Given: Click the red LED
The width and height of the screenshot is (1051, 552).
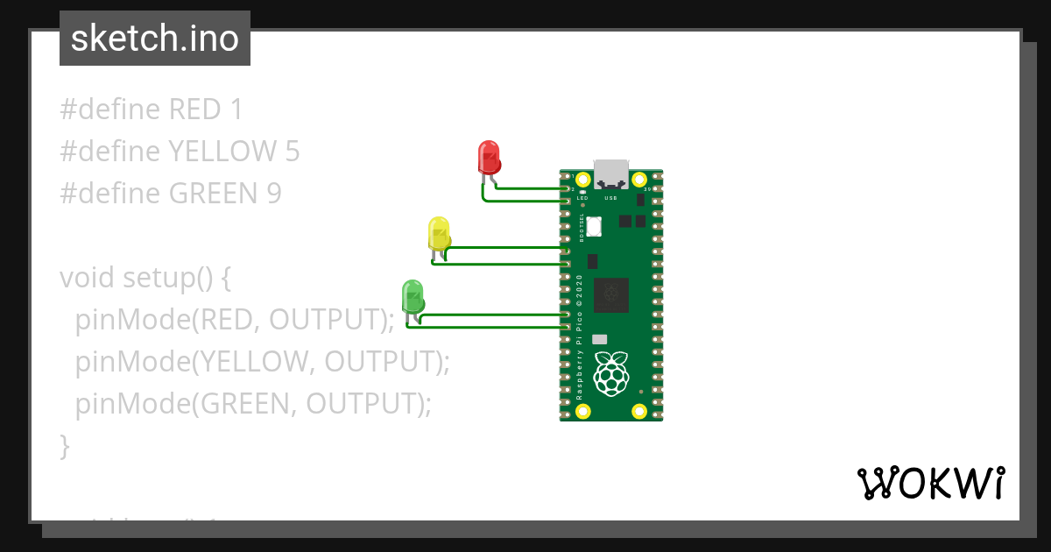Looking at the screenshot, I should (x=488, y=158).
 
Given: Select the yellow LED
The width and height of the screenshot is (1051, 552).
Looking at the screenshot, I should (x=439, y=233).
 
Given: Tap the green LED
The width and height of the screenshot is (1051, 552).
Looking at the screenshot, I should (x=413, y=296).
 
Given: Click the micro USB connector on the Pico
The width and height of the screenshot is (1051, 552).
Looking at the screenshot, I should (x=610, y=173).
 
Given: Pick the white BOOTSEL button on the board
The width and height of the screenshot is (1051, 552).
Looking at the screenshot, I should (x=594, y=226).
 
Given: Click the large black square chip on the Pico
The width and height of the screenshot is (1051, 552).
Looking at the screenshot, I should (x=610, y=295).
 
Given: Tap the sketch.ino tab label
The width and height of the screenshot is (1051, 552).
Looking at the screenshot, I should (x=155, y=39).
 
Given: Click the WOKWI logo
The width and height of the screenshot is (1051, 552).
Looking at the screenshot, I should (x=930, y=483).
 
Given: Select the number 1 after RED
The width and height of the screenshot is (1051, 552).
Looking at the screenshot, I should (x=235, y=110).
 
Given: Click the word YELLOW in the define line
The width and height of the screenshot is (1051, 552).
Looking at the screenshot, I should (x=222, y=152).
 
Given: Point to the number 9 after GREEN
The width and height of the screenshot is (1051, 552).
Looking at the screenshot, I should (x=274, y=194).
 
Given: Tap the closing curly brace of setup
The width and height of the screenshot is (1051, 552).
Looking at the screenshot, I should (x=64, y=446).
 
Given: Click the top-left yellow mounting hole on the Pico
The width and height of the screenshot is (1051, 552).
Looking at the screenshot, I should (x=582, y=180).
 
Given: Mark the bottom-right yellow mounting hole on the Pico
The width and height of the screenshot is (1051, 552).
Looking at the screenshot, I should (x=639, y=410).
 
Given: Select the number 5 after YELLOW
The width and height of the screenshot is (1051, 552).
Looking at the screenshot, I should (x=293, y=152).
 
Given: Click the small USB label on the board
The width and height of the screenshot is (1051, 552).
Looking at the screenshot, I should (x=610, y=199).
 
